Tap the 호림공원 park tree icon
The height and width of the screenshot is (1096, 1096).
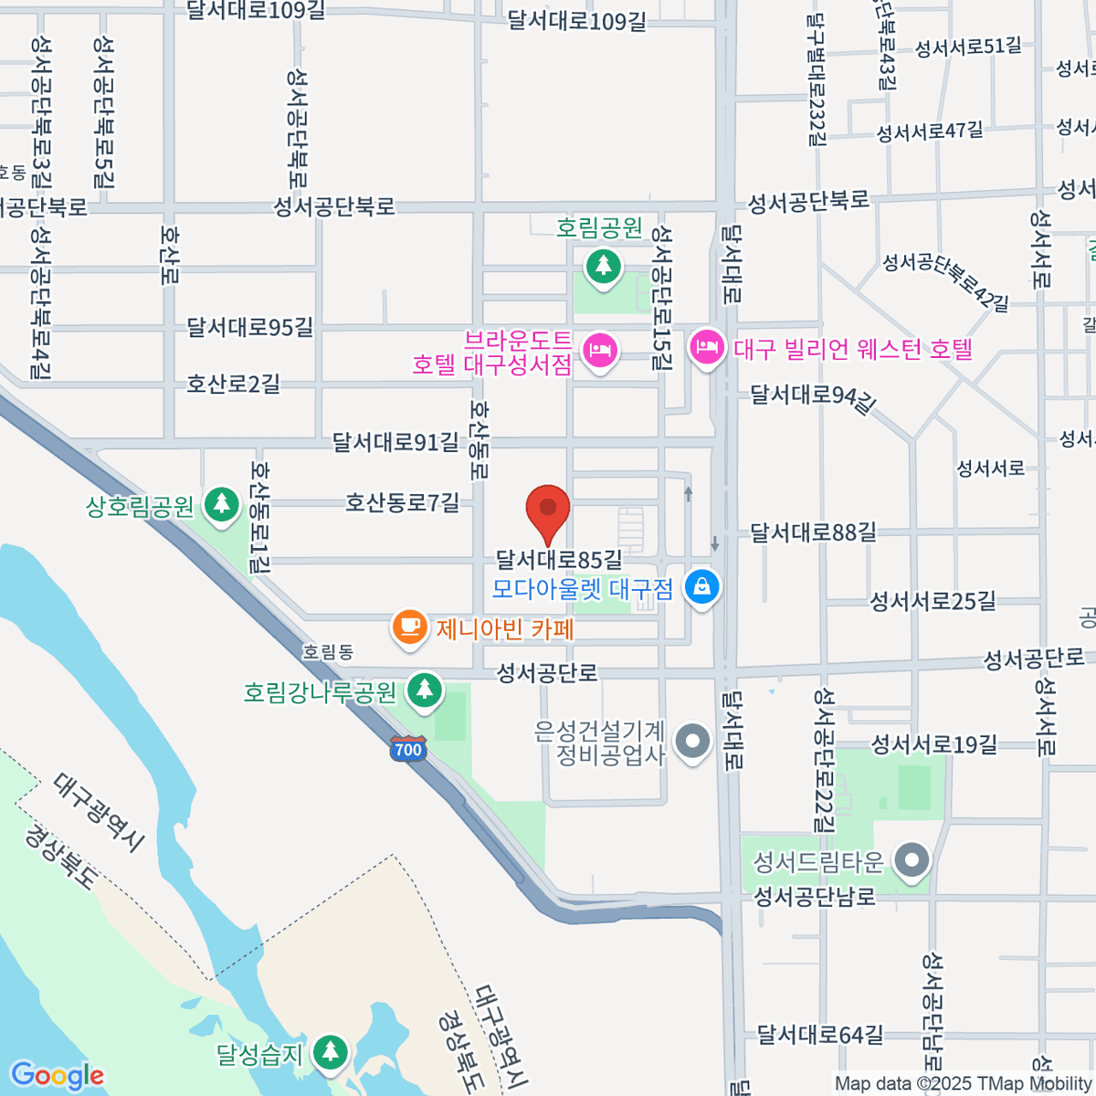602,267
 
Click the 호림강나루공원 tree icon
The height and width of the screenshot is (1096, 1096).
424,690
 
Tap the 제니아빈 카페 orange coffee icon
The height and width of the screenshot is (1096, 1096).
410,627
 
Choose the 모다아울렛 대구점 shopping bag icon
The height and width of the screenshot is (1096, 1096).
701,587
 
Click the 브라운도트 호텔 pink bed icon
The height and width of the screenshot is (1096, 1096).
599,351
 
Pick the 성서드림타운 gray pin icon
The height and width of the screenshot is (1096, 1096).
911,860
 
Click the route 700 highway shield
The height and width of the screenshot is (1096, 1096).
407,750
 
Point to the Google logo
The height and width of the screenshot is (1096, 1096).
57,1076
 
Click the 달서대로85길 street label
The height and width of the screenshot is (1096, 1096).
559,558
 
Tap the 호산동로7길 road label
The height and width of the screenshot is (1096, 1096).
402,502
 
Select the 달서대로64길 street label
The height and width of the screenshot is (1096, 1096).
820,1035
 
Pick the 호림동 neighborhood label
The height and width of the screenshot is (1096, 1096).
328,652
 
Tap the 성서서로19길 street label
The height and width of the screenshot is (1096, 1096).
934,744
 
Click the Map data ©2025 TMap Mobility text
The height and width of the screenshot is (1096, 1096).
964,1083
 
